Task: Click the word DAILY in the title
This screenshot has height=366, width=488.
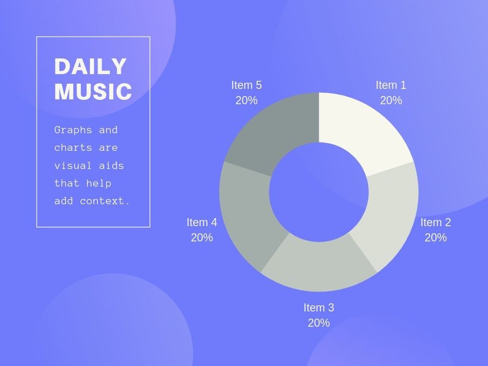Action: click(90, 66)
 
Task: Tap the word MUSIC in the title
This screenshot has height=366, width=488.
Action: click(93, 92)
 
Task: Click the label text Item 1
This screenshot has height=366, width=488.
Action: click(391, 85)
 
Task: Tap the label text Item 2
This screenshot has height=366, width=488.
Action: click(436, 222)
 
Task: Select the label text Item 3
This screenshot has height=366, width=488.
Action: click(319, 307)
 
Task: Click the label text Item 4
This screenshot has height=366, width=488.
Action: click(202, 222)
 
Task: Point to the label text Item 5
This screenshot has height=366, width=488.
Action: click(247, 85)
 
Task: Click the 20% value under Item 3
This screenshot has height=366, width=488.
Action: click(319, 323)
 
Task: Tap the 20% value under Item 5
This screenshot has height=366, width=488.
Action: click(247, 100)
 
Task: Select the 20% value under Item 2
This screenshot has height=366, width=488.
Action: click(436, 237)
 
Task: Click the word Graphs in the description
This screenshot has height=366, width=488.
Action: click(73, 130)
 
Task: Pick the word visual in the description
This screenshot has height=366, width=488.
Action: click(73, 165)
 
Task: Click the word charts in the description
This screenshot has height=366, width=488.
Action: click(73, 147)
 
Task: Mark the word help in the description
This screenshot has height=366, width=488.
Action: click(99, 183)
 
